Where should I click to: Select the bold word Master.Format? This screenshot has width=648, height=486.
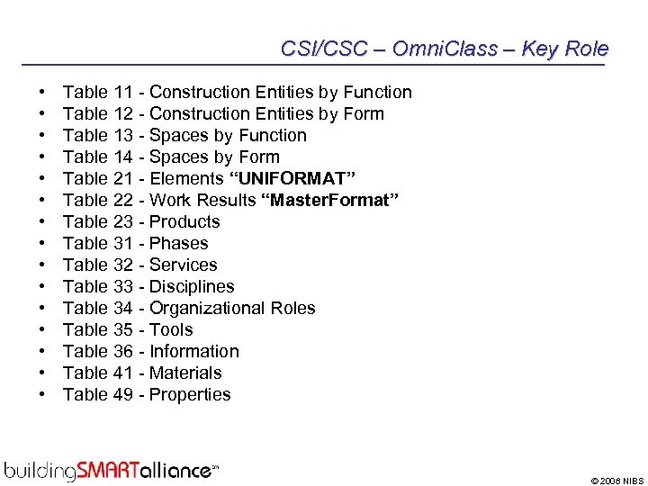328,200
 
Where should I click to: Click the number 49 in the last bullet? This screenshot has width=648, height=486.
124,394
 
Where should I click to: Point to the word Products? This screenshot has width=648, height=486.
184,221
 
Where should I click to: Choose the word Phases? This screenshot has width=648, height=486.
179,243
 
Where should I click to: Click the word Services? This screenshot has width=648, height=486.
184,265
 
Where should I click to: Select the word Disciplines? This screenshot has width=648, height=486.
192,286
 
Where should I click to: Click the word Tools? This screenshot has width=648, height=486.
171,329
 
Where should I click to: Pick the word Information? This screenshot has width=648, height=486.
194,351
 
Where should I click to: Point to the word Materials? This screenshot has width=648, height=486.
185,373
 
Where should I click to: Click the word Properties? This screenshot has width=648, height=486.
190,394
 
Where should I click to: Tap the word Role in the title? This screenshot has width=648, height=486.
588,49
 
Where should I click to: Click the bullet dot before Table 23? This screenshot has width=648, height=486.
43,221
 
